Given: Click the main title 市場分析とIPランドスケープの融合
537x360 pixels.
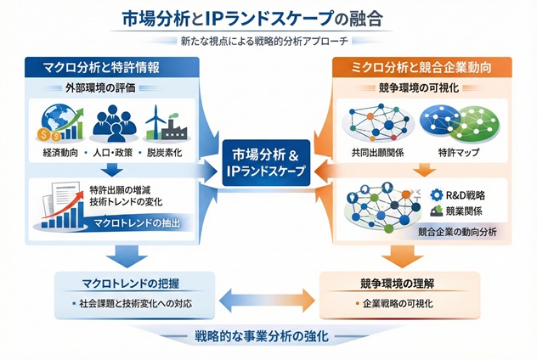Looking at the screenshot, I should click(x=268, y=18).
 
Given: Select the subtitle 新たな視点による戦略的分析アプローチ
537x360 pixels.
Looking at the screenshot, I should click(x=268, y=42).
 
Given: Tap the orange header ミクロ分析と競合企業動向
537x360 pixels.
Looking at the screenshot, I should click(x=421, y=66).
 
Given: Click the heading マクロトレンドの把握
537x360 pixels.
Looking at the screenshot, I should click(x=115, y=283).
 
